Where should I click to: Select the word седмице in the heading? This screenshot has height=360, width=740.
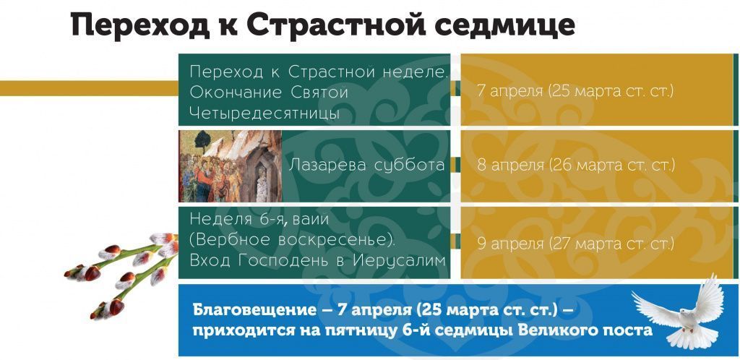[504, 25]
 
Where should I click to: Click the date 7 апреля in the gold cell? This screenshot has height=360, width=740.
[510, 90]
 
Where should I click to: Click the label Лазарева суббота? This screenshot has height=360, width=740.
[366, 165]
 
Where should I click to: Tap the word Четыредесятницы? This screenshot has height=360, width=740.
[264, 112]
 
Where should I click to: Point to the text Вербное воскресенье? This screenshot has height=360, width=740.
[292, 240]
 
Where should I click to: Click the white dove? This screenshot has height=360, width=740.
[679, 312]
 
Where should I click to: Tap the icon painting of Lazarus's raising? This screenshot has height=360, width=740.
[231, 166]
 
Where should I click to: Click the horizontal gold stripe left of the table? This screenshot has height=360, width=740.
[89, 88]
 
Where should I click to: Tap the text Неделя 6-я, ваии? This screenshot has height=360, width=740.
[259, 220]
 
